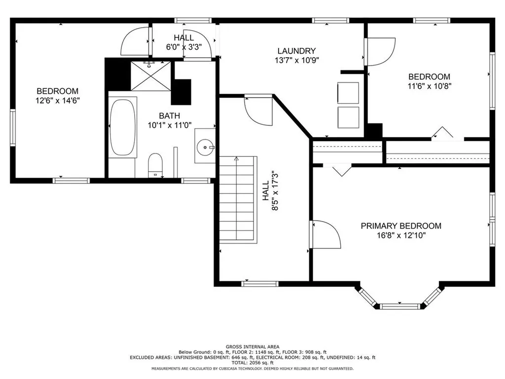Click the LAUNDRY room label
pos(296,51)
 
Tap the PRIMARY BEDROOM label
pos(401,226)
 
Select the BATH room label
pos(170,115)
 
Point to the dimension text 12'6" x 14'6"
pos(58,101)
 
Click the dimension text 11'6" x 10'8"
pos(430,86)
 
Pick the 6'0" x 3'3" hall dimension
pos(184,47)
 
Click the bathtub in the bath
pos(122,127)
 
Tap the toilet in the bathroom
pos(155,165)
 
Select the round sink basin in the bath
pos(205,147)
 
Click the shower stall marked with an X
pos(151,76)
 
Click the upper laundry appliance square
pos(348,93)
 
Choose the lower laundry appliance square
pos(348,117)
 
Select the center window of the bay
pos(400,306)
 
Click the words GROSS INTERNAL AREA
pos(252,347)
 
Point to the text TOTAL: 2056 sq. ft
pos(252,363)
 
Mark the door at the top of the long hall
pos(258,111)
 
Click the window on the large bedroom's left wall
pos(13,128)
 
